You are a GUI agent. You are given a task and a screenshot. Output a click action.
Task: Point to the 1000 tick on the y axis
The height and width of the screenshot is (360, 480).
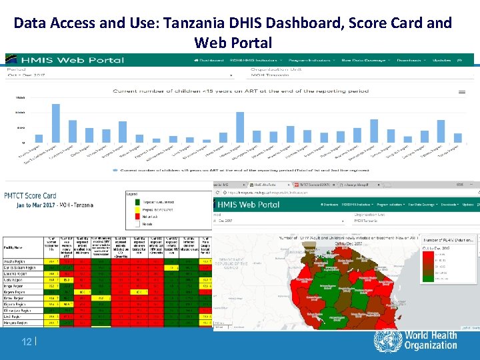point(21,113)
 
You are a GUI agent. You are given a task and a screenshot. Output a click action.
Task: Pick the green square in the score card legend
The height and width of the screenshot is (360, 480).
point(131,200)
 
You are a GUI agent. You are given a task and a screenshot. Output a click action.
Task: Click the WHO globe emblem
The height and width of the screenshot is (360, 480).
point(387,341)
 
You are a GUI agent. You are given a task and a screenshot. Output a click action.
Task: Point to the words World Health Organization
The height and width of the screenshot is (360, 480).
point(431,341)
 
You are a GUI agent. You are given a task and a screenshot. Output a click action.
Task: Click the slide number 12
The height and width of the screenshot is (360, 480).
point(27,342)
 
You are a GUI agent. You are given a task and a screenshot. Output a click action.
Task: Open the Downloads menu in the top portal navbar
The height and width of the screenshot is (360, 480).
point(408,60)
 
